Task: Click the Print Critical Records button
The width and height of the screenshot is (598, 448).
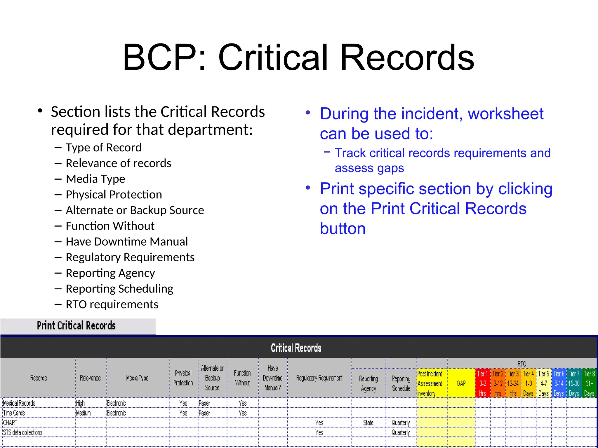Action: [77, 326]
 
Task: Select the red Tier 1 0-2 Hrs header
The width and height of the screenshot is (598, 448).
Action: [483, 383]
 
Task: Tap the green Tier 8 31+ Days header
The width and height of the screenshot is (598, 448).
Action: [589, 383]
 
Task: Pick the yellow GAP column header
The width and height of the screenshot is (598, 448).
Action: [461, 383]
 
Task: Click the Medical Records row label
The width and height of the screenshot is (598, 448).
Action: [19, 403]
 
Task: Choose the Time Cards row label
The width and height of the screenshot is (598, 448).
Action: [14, 413]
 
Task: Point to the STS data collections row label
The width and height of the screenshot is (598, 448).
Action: [23, 433]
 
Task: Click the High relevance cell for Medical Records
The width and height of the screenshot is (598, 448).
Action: [80, 403]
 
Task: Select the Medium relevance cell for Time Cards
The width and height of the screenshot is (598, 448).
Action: [84, 413]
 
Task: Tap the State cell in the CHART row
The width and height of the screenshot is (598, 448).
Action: [368, 423]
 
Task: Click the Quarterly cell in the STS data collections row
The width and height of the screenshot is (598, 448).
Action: [401, 433]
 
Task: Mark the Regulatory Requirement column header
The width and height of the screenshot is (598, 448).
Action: [319, 378]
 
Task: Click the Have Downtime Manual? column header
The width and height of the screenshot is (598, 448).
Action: [272, 378]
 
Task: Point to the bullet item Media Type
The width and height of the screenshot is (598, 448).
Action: [95, 179]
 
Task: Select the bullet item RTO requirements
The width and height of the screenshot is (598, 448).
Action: [112, 304]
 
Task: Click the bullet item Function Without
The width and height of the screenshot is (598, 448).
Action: [110, 226]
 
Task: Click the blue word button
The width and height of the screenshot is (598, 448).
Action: [343, 229]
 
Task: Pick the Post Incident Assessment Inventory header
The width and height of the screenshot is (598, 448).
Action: [430, 383]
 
